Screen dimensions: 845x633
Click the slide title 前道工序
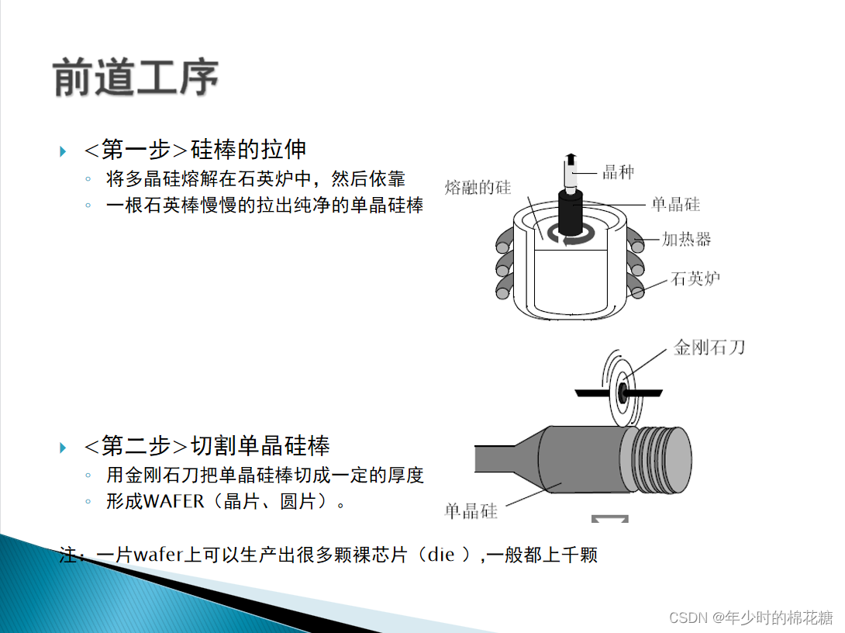pos(136,77)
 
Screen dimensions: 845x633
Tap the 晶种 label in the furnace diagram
pos(618,172)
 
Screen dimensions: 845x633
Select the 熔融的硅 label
pos(478,187)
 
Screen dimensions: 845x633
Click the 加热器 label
pos(686,239)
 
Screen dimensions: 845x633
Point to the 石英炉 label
pos(695,278)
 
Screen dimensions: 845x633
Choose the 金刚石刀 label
pos(709,347)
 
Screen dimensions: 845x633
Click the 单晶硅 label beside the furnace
pos(676,204)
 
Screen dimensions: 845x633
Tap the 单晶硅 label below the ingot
pos(471,510)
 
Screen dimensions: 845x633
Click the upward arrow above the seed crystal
pos(571,160)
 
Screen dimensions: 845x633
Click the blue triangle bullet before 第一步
pos(63,151)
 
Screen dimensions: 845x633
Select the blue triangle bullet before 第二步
pos(63,448)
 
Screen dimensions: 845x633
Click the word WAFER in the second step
pos(174,501)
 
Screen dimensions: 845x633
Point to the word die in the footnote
pos(440,555)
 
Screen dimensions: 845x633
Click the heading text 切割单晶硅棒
pos(260,446)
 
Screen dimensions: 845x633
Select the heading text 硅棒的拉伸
pos(248,150)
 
